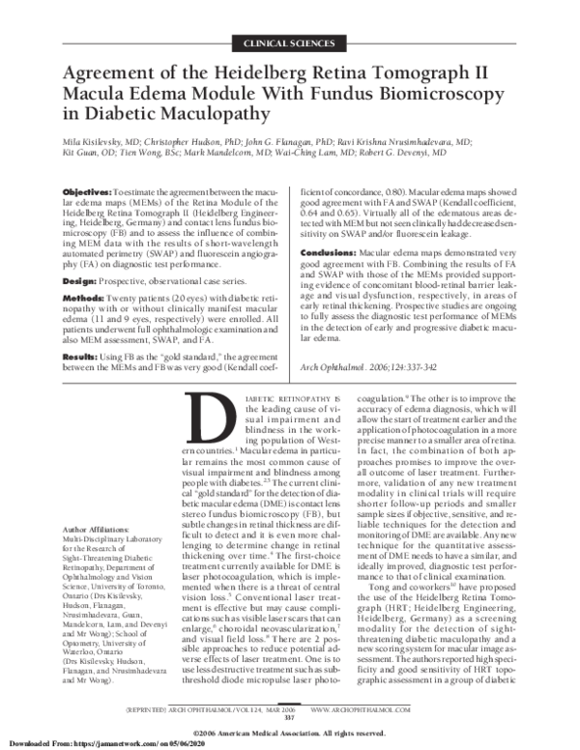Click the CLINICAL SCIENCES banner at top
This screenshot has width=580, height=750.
pos(289,45)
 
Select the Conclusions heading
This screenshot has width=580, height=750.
pos(333,250)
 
